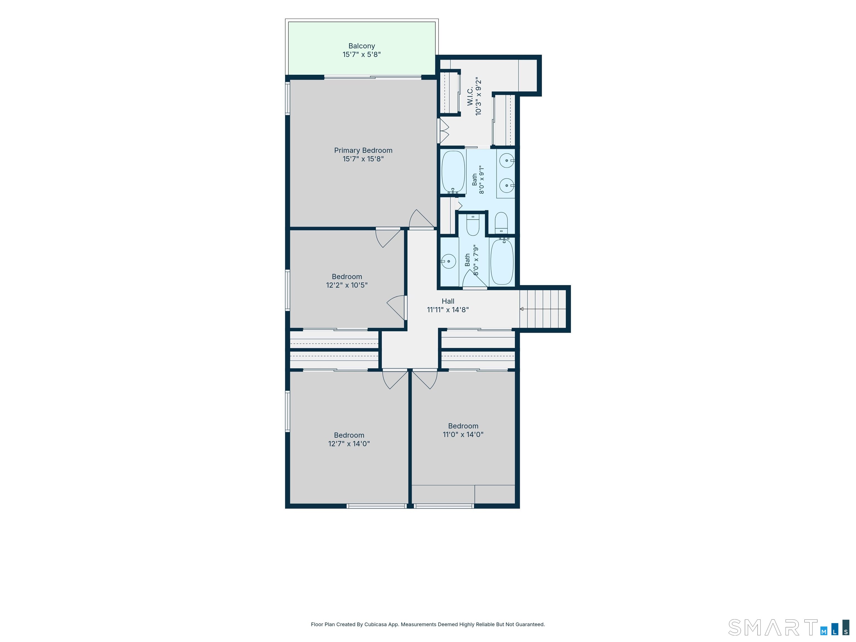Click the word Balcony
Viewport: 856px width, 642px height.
[361, 46]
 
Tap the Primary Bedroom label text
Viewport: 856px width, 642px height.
[363, 150]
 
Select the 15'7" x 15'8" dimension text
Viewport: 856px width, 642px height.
[363, 159]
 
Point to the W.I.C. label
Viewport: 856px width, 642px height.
[470, 96]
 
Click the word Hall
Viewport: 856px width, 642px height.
[448, 301]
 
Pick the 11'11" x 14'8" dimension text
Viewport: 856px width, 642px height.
[448, 310]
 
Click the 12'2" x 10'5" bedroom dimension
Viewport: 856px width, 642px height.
[347, 285]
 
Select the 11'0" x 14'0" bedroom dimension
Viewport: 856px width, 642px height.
[463, 435]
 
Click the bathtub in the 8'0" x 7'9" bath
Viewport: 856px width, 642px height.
[502, 262]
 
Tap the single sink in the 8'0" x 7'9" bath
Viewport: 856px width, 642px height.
[448, 262]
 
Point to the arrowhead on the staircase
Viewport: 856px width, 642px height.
[522, 309]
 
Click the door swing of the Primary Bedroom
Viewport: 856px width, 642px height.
[422, 219]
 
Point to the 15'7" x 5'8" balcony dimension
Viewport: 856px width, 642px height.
[361, 55]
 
